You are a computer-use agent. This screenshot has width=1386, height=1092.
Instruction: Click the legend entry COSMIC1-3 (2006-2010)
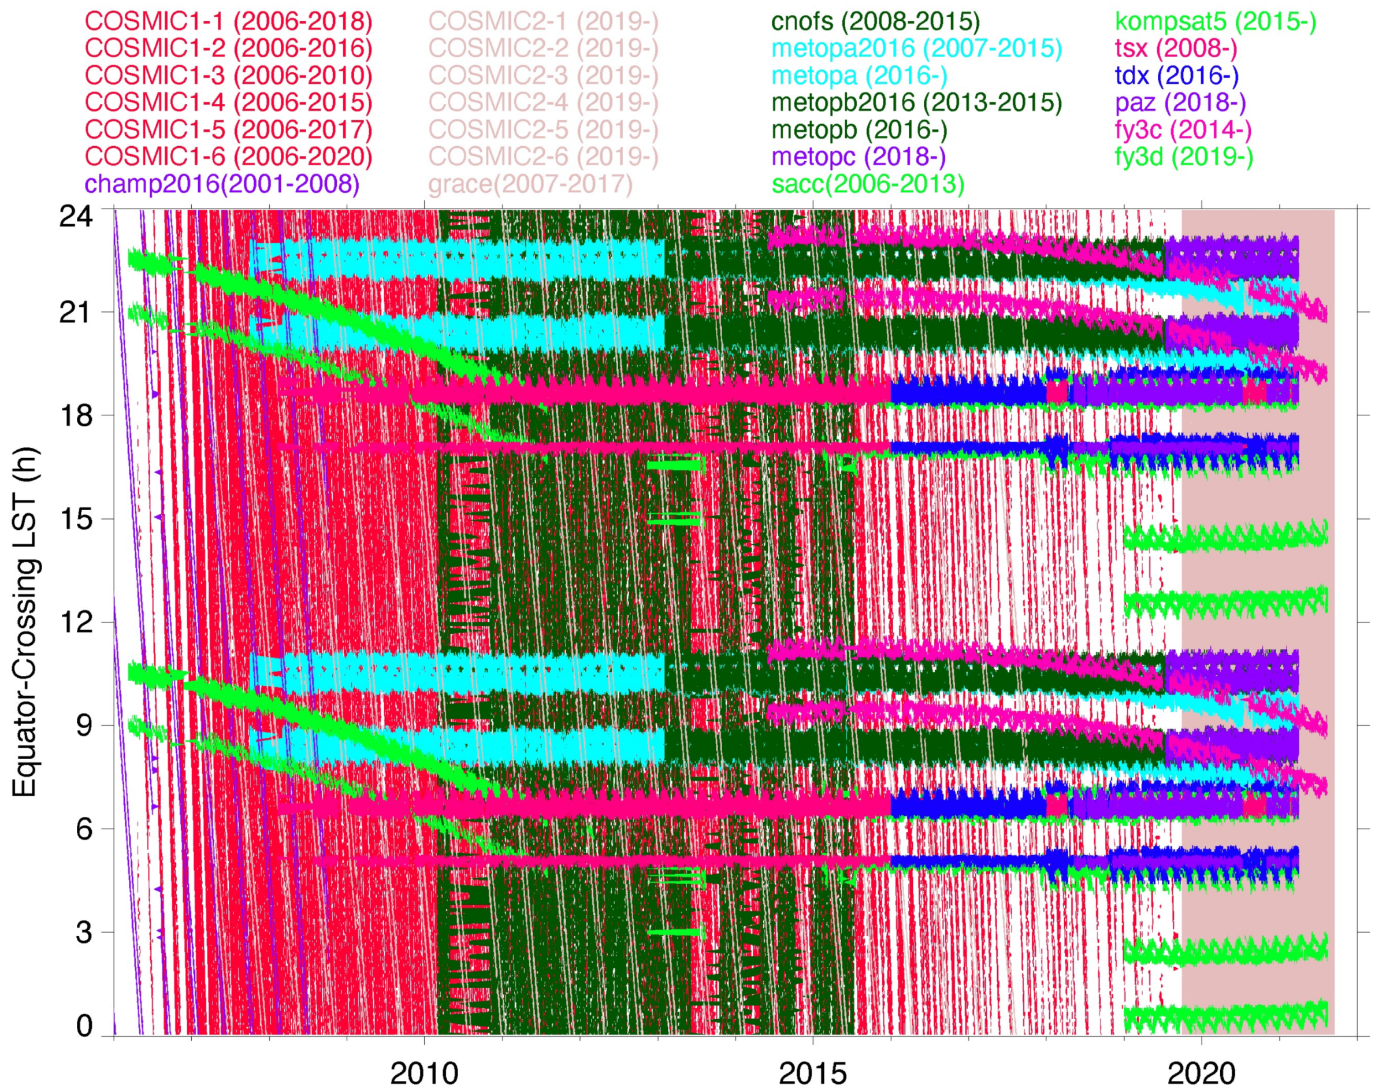[228, 76]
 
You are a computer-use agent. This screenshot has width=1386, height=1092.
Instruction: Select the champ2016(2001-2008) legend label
[221, 184]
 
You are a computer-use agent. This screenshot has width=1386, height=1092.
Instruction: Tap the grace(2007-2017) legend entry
[530, 184]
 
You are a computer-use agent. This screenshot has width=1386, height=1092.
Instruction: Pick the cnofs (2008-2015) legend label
[875, 21]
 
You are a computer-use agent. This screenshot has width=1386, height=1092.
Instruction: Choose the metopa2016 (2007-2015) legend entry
[916, 49]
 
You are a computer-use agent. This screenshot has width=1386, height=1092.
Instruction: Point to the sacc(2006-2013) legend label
[868, 184]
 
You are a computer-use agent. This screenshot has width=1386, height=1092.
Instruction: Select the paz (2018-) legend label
[1180, 102]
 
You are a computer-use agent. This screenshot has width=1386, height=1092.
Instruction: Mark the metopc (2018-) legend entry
[859, 157]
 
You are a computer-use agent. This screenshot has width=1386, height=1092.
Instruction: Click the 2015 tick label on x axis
[812, 1074]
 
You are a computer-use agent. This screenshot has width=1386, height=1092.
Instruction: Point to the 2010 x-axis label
[424, 1074]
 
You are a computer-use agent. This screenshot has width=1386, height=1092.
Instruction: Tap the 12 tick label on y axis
[76, 622]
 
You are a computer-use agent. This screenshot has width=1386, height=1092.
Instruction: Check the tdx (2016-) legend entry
[1176, 76]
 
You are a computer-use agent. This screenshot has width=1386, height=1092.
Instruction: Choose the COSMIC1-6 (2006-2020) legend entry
[228, 157]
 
